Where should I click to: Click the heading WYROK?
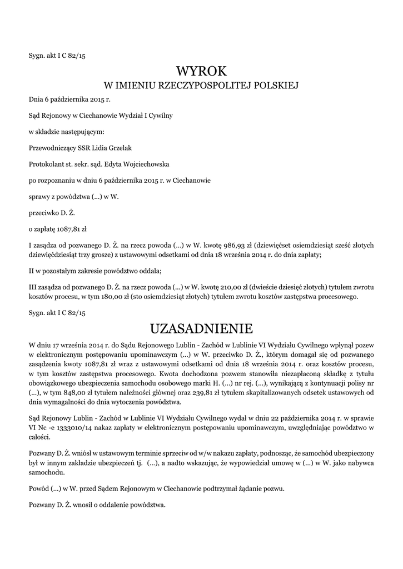coord(201,71)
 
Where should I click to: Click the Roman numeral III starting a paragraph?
coord(33,287)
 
